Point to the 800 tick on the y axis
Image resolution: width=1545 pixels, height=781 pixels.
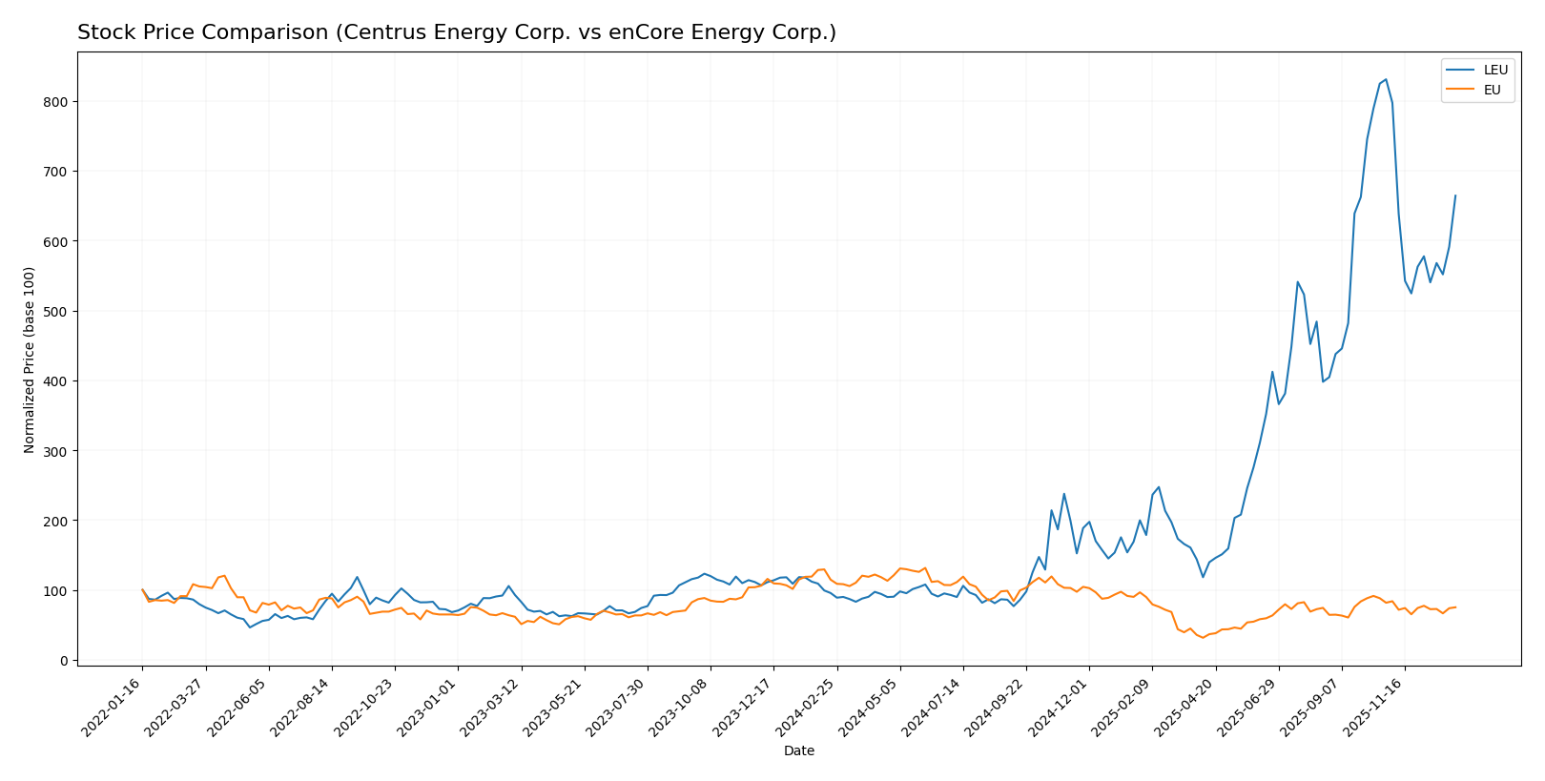point(57,102)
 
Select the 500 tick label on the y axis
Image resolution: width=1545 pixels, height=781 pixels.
point(57,312)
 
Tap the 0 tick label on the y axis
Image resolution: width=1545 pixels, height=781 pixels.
point(64,661)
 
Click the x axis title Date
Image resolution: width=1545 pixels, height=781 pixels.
point(798,751)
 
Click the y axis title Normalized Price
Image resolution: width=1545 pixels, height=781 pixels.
point(30,360)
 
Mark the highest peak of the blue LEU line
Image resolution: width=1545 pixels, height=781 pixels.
point(1386,80)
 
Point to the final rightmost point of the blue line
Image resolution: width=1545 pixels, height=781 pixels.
point(1455,195)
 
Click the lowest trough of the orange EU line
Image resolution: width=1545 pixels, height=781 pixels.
point(1203,637)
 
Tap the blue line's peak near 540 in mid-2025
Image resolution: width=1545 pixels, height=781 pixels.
point(1298,282)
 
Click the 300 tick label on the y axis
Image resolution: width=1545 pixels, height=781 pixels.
point(57,451)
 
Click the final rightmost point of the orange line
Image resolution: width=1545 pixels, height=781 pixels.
point(1455,607)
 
